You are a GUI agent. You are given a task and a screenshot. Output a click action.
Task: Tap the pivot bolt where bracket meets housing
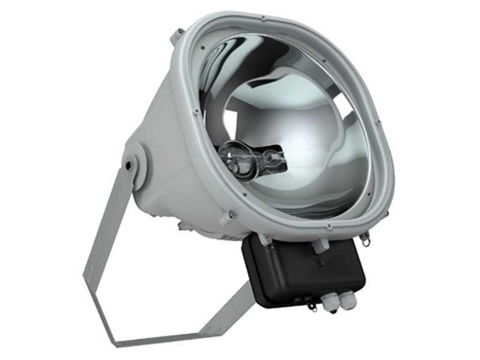[x=129, y=163]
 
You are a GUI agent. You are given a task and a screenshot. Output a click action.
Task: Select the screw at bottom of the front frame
[x=329, y=227]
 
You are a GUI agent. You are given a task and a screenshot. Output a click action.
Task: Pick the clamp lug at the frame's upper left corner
[x=176, y=36]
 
